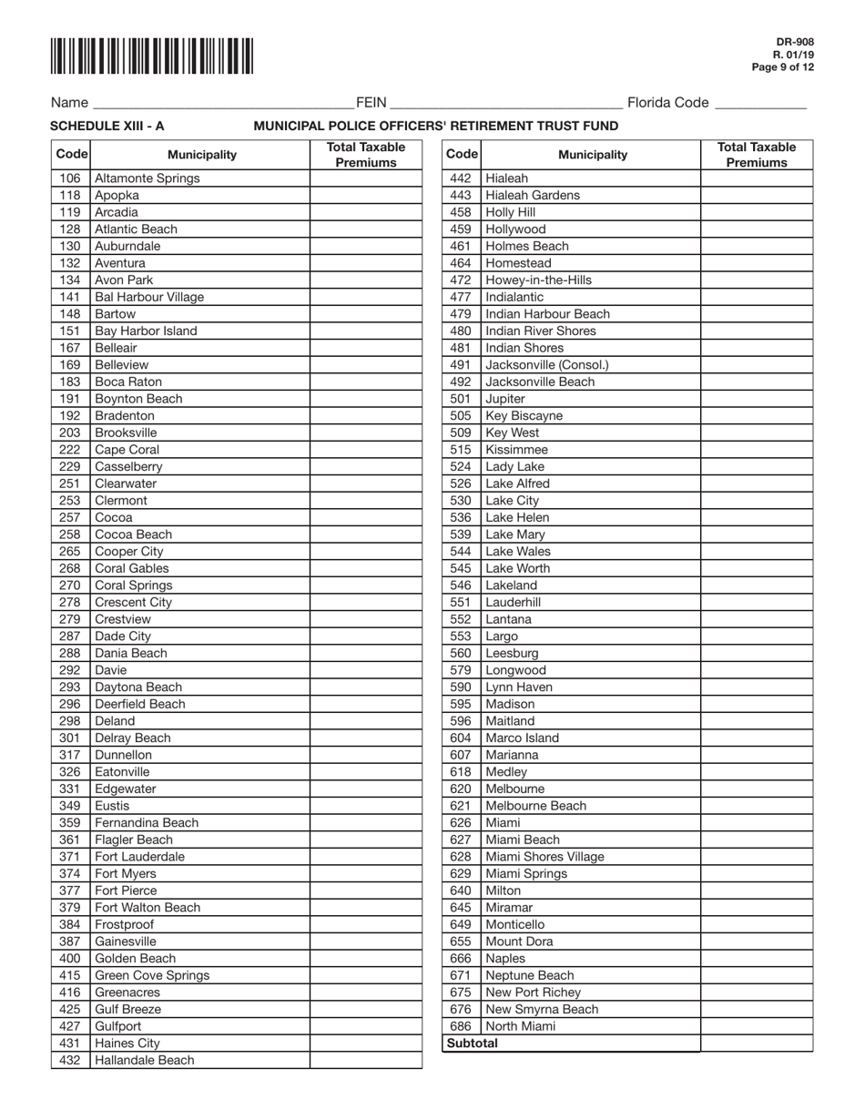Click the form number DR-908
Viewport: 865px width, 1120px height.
(795, 42)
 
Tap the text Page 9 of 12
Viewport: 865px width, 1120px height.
(783, 67)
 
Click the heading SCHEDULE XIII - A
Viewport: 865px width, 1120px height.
(107, 126)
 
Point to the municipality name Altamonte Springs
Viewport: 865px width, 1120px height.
(147, 178)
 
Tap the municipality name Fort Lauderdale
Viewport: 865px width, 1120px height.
(139, 857)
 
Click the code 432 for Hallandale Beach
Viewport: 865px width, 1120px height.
(70, 1060)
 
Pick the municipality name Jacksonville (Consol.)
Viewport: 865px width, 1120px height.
(547, 365)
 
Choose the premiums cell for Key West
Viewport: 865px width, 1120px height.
(756, 433)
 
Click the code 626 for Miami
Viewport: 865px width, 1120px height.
(461, 822)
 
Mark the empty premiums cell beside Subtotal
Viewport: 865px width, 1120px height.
(756, 1044)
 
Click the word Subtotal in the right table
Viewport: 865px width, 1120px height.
(472, 1044)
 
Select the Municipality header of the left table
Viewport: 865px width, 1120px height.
(201, 155)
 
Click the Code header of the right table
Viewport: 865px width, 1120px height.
(462, 155)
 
